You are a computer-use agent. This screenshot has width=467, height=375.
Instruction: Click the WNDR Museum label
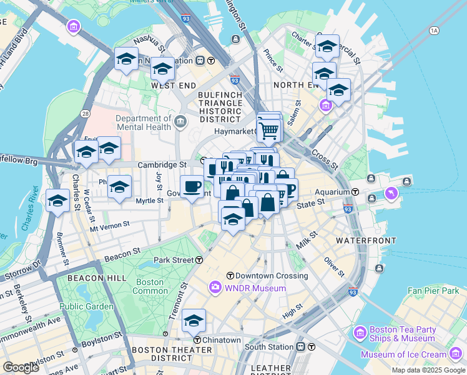click(255, 288)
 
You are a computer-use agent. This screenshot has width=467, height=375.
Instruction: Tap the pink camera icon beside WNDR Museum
click(215, 287)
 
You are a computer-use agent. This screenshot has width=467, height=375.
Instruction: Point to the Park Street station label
click(174, 260)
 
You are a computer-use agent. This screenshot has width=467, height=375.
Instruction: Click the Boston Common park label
click(150, 286)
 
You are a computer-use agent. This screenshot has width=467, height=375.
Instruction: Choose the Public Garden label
click(87, 306)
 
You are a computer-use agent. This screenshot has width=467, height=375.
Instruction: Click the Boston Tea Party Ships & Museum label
click(401, 334)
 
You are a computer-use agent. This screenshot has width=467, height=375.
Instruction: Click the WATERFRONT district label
click(366, 241)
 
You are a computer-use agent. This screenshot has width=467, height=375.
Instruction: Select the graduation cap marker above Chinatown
click(194, 321)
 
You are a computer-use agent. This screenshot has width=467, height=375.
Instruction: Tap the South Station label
click(269, 347)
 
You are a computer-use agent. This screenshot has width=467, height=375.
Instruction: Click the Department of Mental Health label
click(143, 122)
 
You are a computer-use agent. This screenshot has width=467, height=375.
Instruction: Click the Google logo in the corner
click(21, 367)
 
